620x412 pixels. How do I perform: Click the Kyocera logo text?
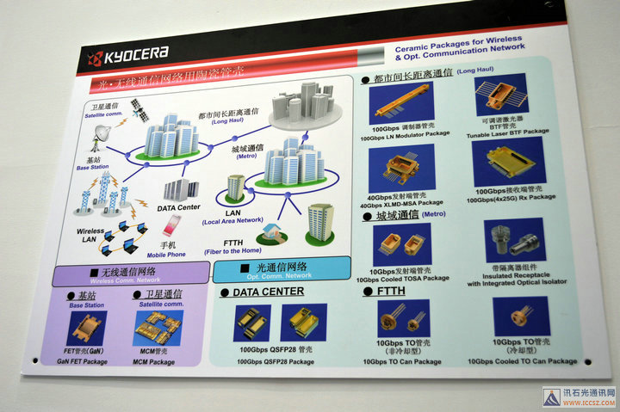pyautogui.click(x=134, y=58)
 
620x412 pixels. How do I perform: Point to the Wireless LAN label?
pyautogui.click(x=90, y=235)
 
